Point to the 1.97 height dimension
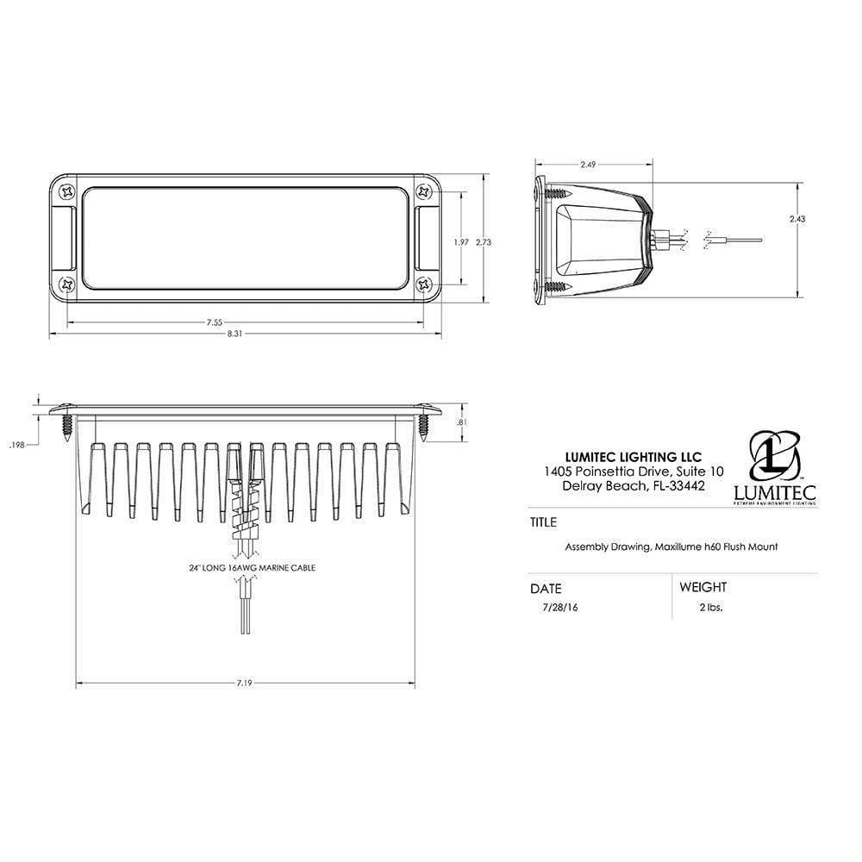(x=461, y=242)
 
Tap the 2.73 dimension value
(x=484, y=242)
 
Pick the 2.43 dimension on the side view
(x=796, y=219)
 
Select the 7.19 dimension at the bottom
(x=247, y=683)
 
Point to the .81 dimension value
(x=462, y=422)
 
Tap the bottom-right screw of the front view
(x=422, y=284)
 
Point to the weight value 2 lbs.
(x=711, y=607)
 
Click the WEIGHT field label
(x=703, y=587)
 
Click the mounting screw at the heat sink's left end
(x=67, y=424)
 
